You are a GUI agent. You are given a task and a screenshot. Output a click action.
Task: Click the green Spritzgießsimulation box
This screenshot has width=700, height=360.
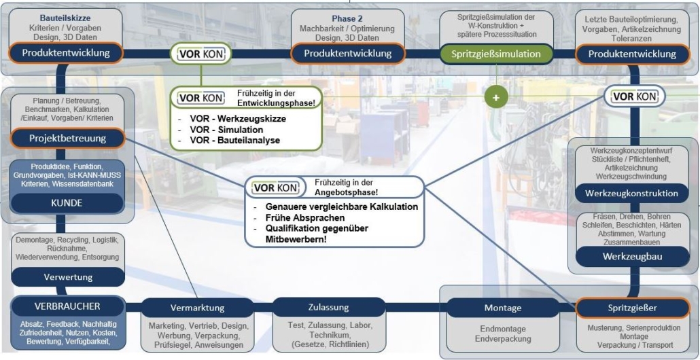tap(496, 54)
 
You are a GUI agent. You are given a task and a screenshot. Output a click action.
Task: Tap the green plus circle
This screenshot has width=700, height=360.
tap(496, 96)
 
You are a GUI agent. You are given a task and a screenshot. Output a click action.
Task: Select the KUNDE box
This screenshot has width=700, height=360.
tap(67, 203)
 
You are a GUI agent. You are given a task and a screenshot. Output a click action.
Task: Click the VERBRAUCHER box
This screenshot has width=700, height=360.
tap(67, 306)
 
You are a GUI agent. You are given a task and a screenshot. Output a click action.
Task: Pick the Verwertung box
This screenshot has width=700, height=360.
tap(68, 277)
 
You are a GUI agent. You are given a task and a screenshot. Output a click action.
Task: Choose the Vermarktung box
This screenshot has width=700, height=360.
tap(197, 308)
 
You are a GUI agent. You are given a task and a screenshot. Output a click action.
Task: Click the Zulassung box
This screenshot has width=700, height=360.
tap(328, 308)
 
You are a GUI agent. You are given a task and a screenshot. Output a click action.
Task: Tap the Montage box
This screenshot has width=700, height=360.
tap(503, 308)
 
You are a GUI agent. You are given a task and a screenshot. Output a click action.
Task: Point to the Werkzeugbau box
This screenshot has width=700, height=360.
tap(632, 257)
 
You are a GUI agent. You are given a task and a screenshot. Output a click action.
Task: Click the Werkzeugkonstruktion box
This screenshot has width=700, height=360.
tap(632, 194)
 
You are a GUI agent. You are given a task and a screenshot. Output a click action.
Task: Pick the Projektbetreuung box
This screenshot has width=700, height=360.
tap(67, 139)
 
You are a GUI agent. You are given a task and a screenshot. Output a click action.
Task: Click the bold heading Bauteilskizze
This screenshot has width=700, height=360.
tap(65, 18)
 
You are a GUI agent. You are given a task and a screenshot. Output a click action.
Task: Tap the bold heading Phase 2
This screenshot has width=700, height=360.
tap(347, 19)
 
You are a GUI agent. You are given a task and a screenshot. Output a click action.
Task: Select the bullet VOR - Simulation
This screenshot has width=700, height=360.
tap(226, 130)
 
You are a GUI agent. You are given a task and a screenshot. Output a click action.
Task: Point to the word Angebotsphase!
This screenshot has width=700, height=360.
tap(347, 192)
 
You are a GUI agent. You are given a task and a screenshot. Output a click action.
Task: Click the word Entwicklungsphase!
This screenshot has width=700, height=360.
tap(277, 103)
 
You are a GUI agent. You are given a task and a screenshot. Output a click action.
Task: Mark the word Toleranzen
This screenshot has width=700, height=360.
tap(632, 39)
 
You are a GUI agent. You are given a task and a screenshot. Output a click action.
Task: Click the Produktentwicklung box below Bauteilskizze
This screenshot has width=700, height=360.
tap(66, 52)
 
